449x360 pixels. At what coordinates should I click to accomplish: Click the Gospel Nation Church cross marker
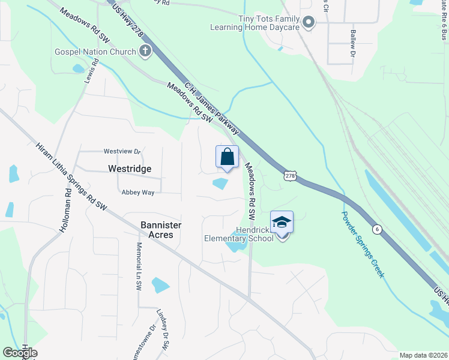click(x=145, y=51)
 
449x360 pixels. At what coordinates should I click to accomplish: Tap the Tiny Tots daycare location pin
click(x=309, y=23)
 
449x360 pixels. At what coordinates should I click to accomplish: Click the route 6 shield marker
click(x=376, y=229)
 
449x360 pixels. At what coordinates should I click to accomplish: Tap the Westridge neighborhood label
click(x=129, y=169)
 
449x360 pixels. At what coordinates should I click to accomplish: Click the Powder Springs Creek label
click(x=363, y=244)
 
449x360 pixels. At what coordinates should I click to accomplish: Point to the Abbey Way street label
click(x=138, y=192)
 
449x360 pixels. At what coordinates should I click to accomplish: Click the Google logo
click(x=20, y=353)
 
